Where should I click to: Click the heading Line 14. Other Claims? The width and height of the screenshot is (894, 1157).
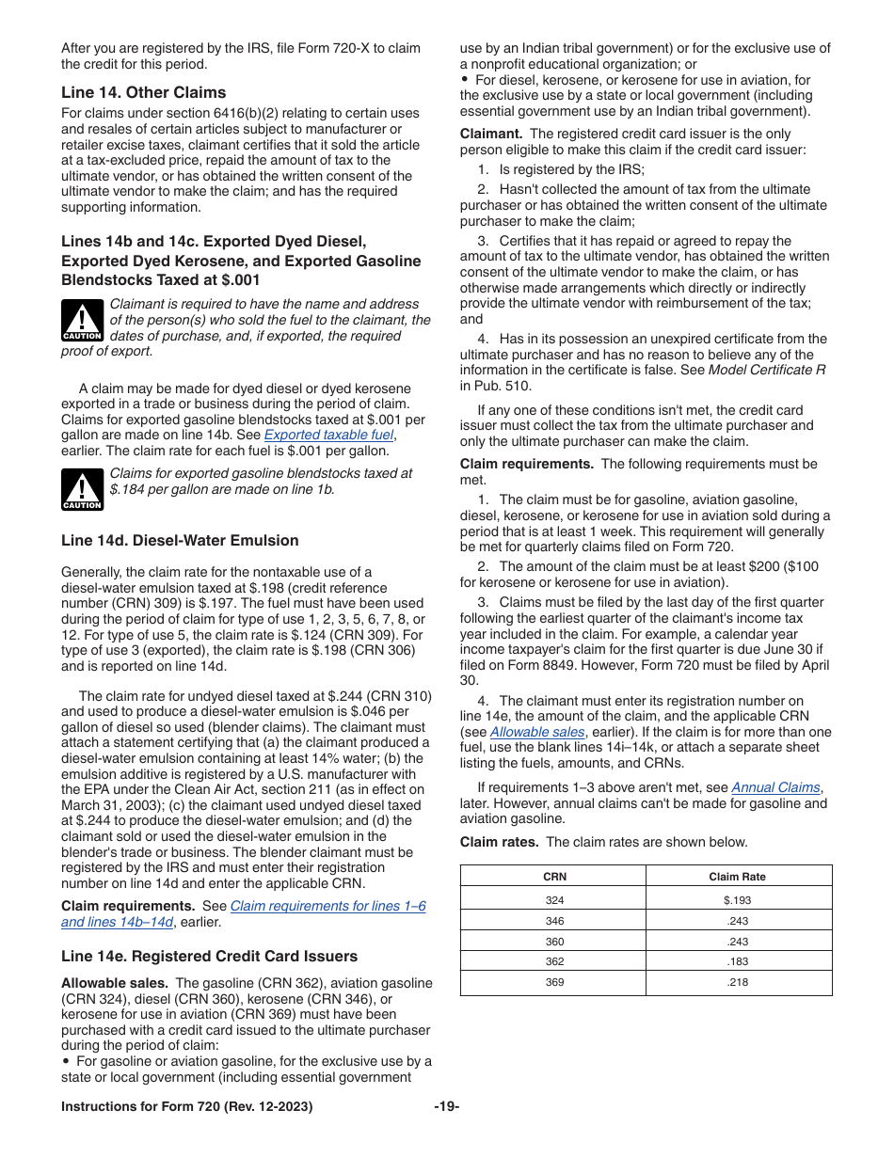[143, 92]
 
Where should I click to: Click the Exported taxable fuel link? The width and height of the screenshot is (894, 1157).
[328, 435]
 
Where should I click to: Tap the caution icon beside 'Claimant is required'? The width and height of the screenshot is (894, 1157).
[82, 321]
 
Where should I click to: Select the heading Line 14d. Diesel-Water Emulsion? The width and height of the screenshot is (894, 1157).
[180, 540]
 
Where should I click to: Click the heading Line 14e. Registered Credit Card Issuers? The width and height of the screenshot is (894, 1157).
[209, 956]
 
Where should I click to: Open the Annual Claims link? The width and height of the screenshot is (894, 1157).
[775, 787]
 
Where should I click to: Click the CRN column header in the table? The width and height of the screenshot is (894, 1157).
[554, 877]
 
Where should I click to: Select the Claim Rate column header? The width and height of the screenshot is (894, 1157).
[737, 877]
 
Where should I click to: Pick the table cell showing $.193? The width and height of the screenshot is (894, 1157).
[737, 900]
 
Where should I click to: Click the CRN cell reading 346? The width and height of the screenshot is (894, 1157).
[554, 921]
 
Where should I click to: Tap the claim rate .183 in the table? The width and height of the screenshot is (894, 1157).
[737, 961]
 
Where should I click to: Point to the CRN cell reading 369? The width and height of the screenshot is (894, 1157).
[554, 982]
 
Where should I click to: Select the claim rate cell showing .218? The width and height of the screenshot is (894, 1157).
[737, 982]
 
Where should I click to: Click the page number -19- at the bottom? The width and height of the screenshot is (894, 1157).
[447, 1107]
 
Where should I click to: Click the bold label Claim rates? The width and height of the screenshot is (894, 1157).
[499, 842]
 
